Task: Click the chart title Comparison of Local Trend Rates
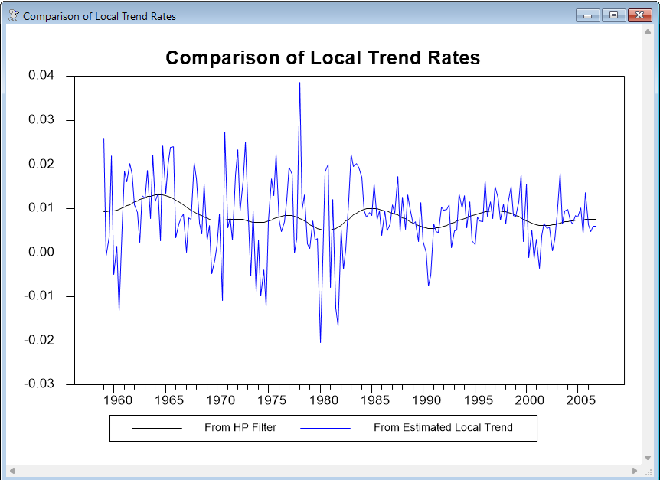click(322, 57)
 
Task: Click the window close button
click(639, 15)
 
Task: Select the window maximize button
click(613, 15)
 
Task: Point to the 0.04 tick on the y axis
click(41, 76)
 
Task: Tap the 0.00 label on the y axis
click(41, 252)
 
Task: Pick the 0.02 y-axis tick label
click(41, 164)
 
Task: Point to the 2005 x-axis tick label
click(580, 400)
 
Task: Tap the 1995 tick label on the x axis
click(476, 400)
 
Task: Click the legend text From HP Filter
click(240, 428)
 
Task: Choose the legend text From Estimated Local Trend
click(443, 428)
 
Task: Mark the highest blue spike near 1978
click(299, 83)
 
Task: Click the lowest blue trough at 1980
click(320, 341)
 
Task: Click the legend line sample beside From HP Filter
click(157, 428)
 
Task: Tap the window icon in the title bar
click(13, 15)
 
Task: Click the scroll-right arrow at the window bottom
click(634, 470)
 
